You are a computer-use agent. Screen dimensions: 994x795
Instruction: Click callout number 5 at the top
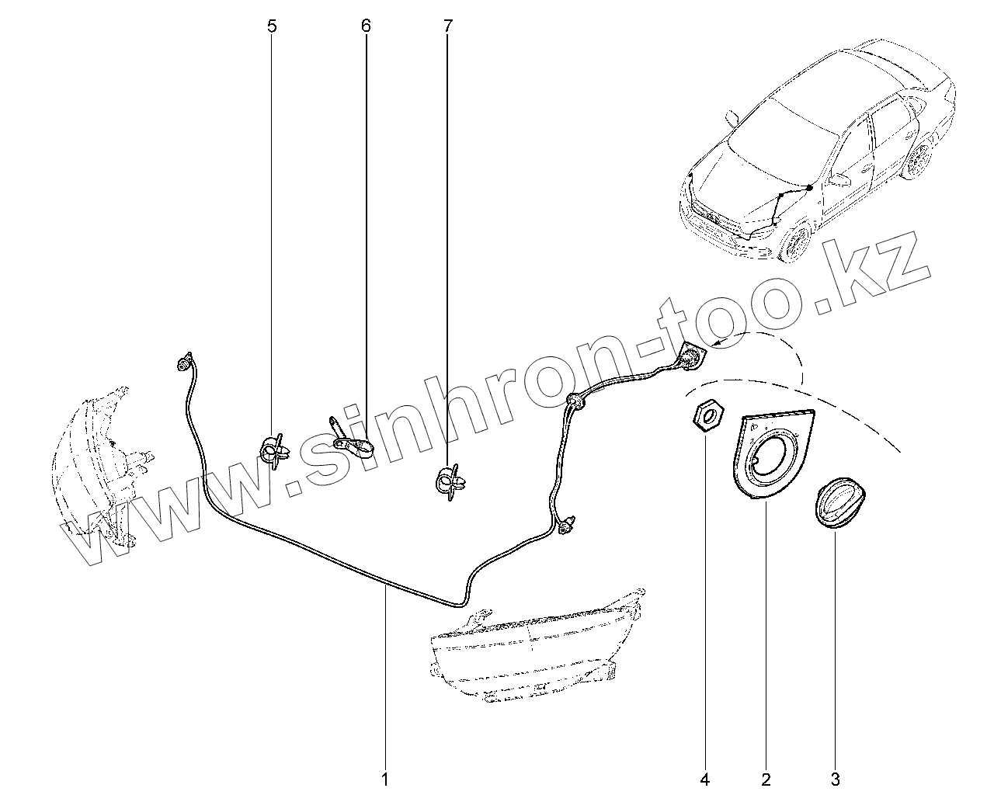tap(271, 26)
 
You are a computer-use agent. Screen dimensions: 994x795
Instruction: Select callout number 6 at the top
tap(366, 26)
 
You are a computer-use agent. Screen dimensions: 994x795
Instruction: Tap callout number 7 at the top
tap(447, 26)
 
